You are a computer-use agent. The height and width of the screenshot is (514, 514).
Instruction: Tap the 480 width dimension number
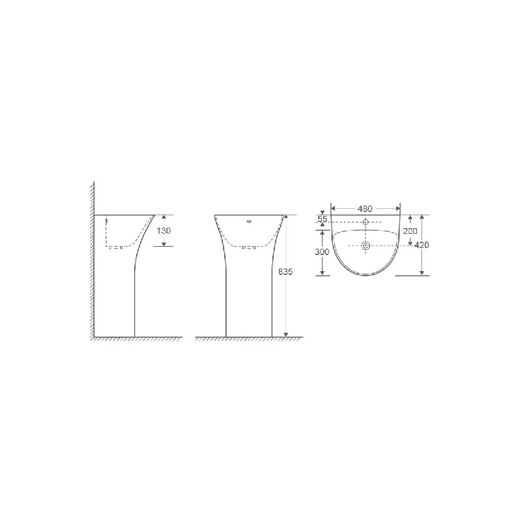point(365,209)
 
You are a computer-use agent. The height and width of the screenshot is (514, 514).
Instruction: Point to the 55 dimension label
point(323,220)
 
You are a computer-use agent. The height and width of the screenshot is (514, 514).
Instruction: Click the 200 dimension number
point(410,231)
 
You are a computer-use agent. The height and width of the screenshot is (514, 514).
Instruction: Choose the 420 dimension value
point(421,245)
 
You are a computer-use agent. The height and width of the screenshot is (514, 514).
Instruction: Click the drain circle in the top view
point(366,245)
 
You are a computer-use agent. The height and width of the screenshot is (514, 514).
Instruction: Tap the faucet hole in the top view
point(366,222)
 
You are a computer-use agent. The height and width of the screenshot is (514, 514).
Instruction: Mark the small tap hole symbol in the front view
point(249,222)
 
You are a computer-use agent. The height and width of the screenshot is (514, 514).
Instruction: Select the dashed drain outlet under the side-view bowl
point(116,247)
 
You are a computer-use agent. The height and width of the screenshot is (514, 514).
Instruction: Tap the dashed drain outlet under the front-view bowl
point(249,247)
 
